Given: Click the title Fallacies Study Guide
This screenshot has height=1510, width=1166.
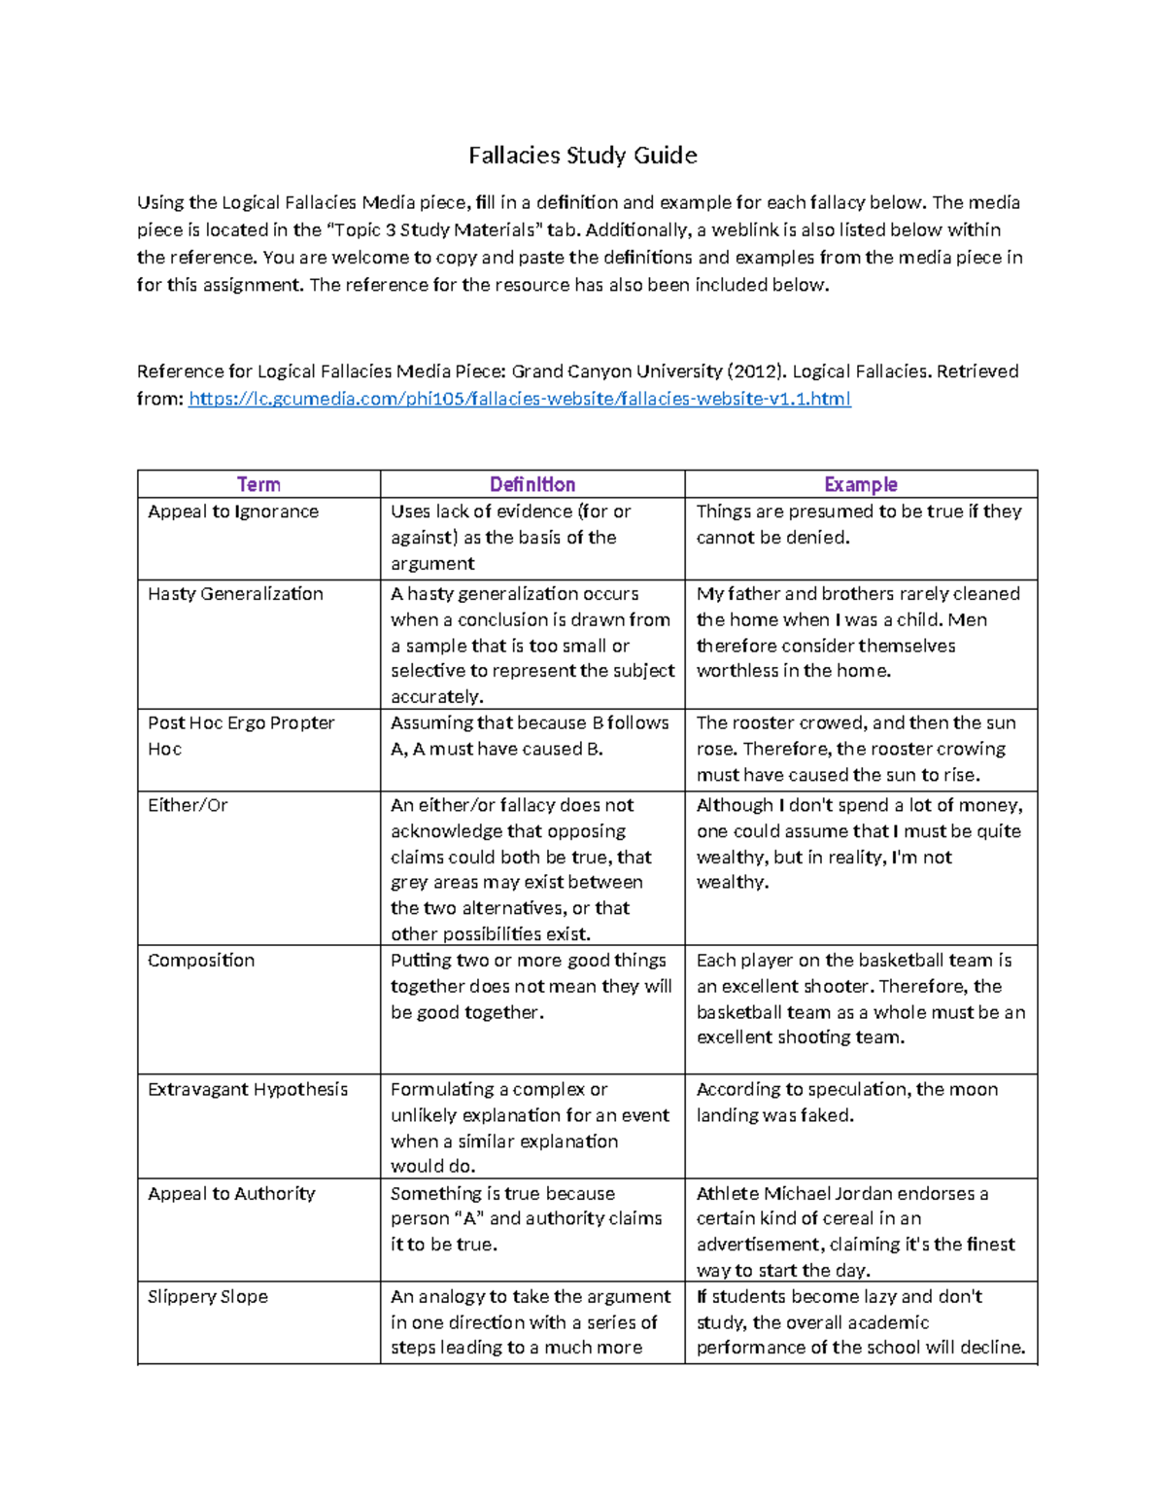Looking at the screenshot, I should [x=582, y=156].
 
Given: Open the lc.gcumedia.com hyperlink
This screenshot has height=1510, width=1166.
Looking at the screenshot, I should [x=519, y=399].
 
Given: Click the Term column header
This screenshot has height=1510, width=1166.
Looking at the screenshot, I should [x=258, y=484].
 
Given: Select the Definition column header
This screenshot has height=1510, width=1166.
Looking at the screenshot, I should [x=532, y=484].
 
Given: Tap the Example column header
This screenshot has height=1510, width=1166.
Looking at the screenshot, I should [x=860, y=484].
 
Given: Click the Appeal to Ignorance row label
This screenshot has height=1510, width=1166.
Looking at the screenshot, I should [x=233, y=511].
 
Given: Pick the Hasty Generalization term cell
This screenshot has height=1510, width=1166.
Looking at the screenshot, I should [x=235, y=594].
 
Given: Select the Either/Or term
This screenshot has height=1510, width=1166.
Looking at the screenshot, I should [x=188, y=805].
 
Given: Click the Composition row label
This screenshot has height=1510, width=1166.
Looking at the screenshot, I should [x=201, y=961].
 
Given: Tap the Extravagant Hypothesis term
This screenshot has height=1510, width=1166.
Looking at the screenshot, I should [x=248, y=1090].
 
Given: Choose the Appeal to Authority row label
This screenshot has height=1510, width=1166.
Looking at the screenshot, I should [x=231, y=1194].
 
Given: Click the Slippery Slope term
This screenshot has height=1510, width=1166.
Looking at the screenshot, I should [x=208, y=1297].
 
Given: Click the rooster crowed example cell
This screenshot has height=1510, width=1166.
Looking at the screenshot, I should [x=855, y=749].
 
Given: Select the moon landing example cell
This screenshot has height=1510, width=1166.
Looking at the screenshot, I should [x=846, y=1103].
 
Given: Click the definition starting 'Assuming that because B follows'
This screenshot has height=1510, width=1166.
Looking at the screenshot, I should [x=530, y=736].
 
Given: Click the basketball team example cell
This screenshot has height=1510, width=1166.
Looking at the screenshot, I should [x=860, y=999].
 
